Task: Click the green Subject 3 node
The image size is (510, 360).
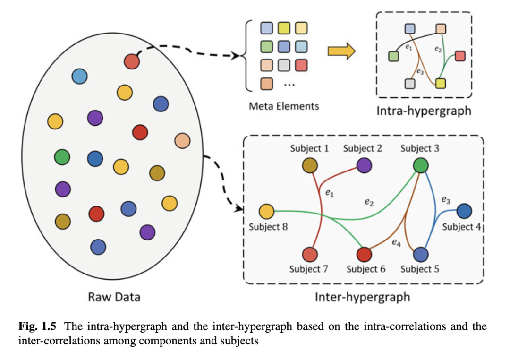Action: point(421,165)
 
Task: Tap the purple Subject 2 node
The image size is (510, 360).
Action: point(364,165)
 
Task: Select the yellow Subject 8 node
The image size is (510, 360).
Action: point(266,212)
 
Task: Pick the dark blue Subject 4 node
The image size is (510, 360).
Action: point(465,211)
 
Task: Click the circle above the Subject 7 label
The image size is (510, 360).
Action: point(310,255)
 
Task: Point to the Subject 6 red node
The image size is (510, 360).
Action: point(364,255)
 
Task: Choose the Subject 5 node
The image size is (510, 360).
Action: point(421,255)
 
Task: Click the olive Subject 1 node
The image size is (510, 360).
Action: point(310,165)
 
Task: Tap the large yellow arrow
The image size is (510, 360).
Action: point(341,51)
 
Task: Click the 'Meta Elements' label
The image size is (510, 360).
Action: point(284,106)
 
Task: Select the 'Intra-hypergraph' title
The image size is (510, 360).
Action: point(424,111)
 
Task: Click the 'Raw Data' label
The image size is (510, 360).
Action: point(114,297)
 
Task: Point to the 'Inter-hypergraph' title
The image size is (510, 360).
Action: point(362,297)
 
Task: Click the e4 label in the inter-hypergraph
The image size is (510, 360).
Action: point(396,242)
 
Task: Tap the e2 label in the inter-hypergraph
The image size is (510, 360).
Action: point(369,202)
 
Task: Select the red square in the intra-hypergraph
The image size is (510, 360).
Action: point(460,56)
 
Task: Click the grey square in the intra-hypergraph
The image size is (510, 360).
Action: point(410,84)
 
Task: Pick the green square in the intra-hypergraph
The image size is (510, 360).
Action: point(393,56)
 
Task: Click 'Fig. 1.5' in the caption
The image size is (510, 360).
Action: point(37,326)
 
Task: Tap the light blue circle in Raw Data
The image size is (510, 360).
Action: point(80,77)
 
